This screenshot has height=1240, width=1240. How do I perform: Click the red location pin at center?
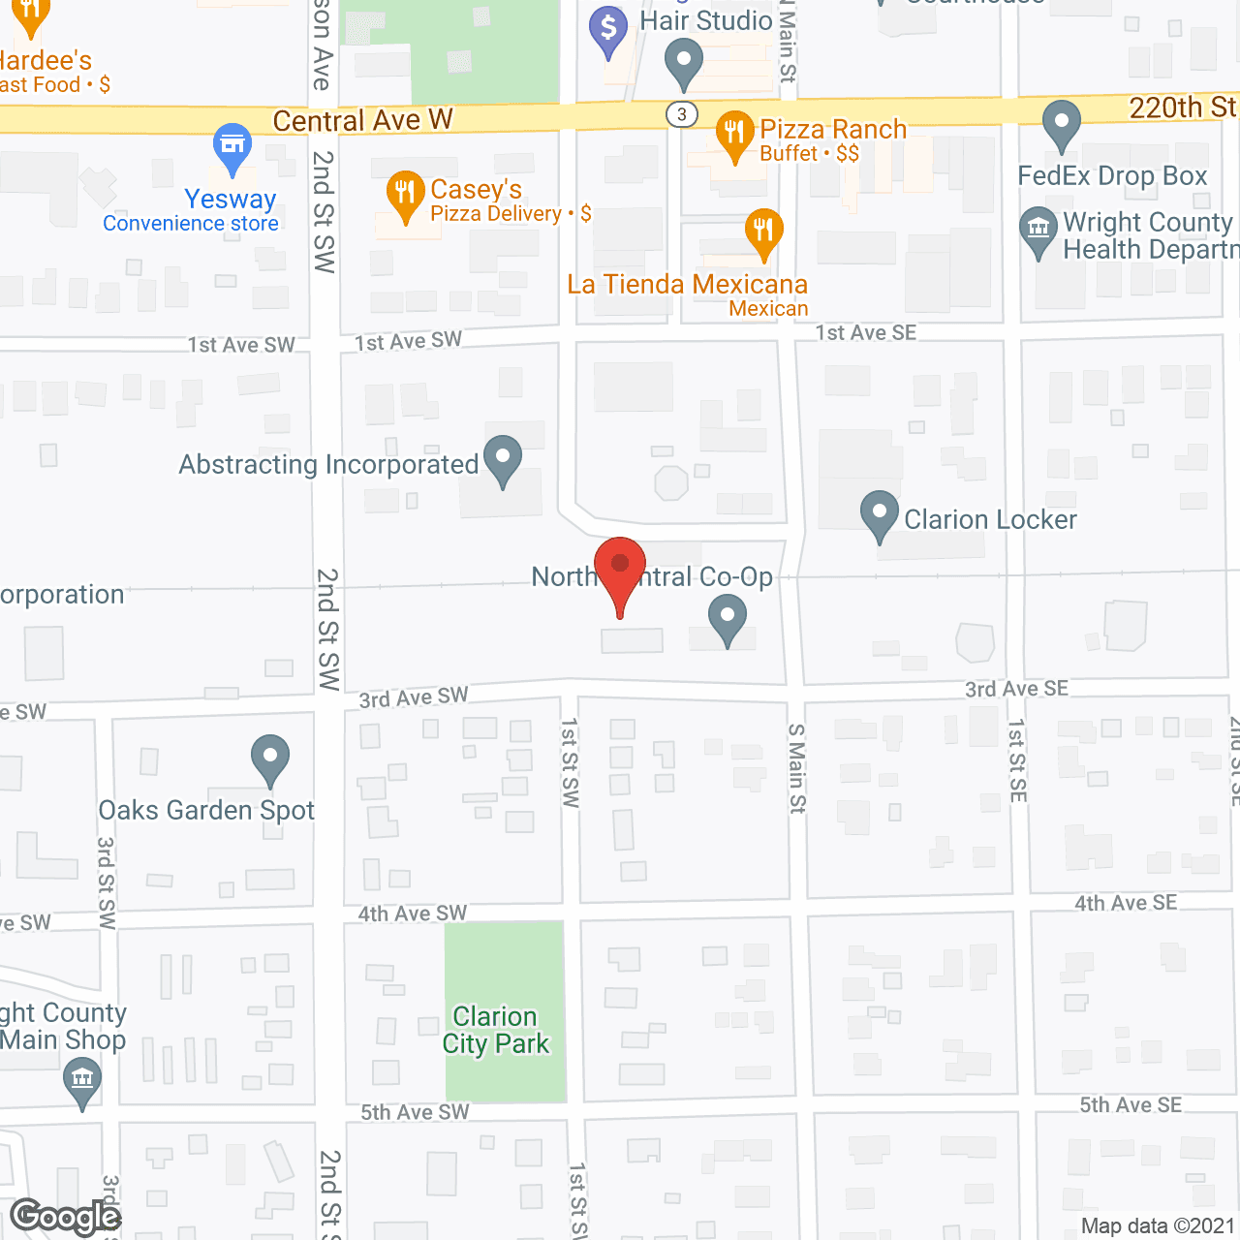pyautogui.click(x=620, y=567)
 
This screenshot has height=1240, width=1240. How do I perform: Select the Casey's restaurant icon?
pyautogui.click(x=405, y=193)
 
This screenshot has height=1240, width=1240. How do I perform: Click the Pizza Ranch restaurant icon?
pyautogui.click(x=734, y=133)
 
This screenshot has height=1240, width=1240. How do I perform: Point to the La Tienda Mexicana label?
pyautogui.click(x=687, y=285)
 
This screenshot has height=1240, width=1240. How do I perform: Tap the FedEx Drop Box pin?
pyautogui.click(x=1062, y=123)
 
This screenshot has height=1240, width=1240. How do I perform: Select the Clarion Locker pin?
pyautogui.click(x=879, y=512)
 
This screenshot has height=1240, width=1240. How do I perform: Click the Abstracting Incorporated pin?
pyautogui.click(x=502, y=457)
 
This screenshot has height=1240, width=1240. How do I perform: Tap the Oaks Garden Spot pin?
pyautogui.click(x=270, y=758)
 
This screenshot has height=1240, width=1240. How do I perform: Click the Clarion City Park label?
pyautogui.click(x=496, y=1030)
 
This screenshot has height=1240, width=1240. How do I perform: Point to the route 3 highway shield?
pyautogui.click(x=682, y=114)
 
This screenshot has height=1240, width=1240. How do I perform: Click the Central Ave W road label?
pyautogui.click(x=362, y=120)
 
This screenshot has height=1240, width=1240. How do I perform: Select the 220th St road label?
pyautogui.click(x=1182, y=108)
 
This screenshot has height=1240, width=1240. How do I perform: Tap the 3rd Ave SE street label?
pyautogui.click(x=1016, y=689)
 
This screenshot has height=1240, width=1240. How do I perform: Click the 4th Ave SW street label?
pyautogui.click(x=413, y=913)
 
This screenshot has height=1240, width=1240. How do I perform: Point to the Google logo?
pyautogui.click(x=66, y=1217)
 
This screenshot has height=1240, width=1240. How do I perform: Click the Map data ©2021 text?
pyautogui.click(x=1158, y=1225)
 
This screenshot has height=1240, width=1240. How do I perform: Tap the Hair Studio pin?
pyautogui.click(x=683, y=61)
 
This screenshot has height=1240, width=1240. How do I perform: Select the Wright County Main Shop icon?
pyautogui.click(x=82, y=1079)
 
